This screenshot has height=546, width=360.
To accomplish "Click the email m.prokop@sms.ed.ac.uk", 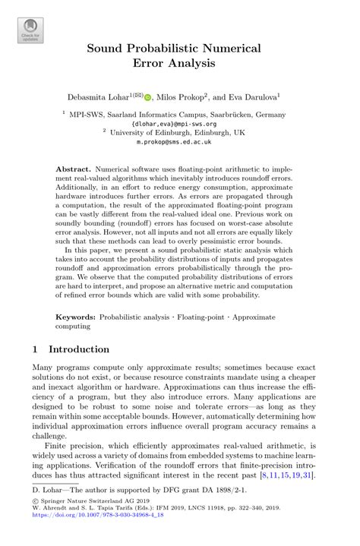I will pos(179,140).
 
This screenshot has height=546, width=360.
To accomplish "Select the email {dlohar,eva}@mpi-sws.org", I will pos(179,122).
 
